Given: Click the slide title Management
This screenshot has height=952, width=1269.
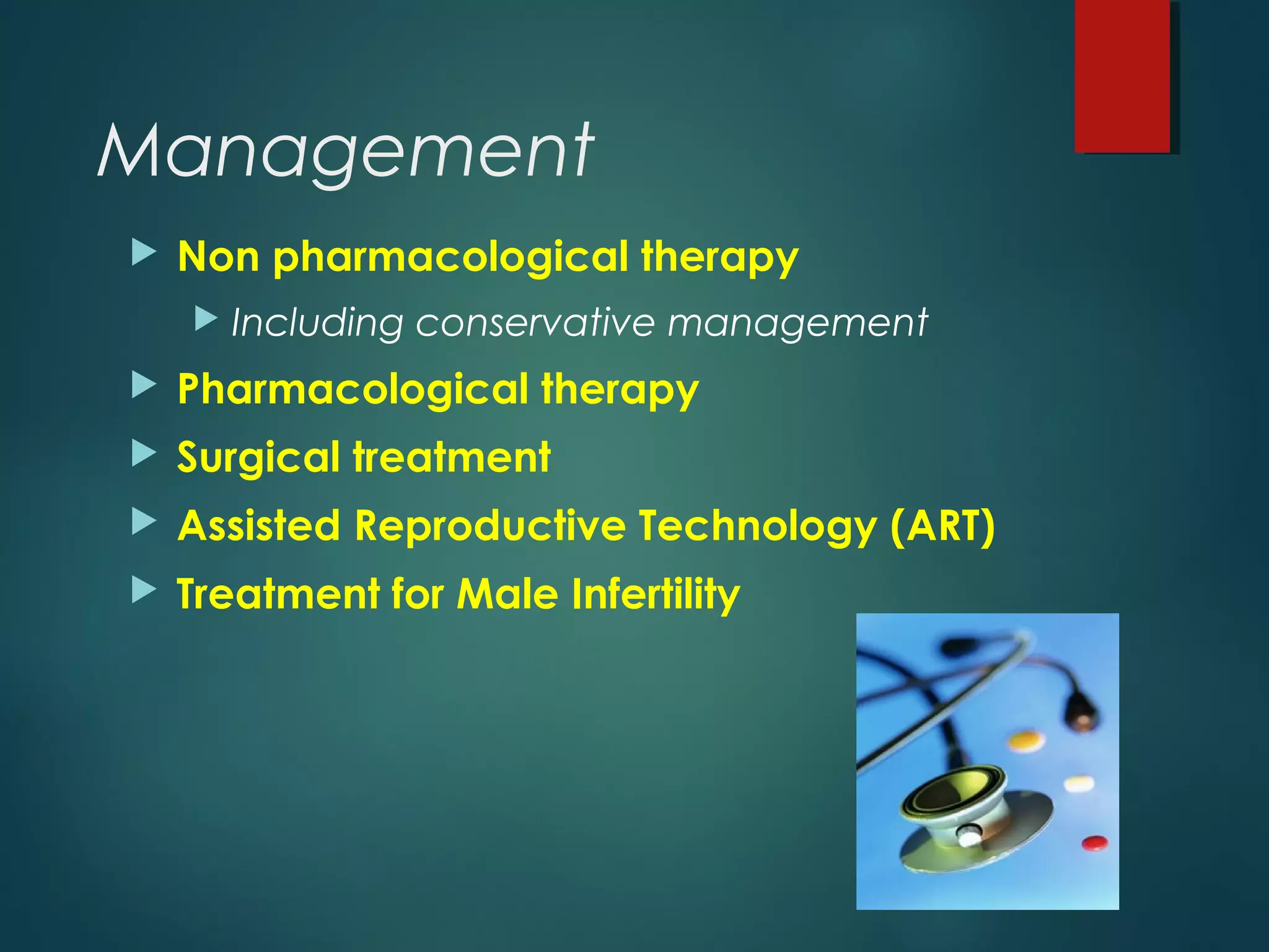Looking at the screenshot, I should coord(346,152).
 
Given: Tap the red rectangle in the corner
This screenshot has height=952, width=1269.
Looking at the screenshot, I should coord(1122,76).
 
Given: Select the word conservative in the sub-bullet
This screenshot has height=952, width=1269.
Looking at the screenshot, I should coord(535,323).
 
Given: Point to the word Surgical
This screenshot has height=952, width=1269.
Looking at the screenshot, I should coord(258,457).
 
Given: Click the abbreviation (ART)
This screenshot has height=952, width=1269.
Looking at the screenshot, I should coord(942,526).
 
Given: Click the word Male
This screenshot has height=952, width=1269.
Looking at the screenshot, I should coord(507,594).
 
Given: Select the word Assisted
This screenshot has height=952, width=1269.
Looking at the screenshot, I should coord(259,526).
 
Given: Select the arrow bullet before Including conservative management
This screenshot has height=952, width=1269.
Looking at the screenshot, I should coord(206,319).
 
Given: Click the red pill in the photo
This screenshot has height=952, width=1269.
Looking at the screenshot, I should coord(1094,843).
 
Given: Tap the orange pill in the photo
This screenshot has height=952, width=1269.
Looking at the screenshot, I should coord(1026,740).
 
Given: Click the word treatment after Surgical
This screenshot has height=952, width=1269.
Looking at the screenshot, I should coord(452,457).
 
